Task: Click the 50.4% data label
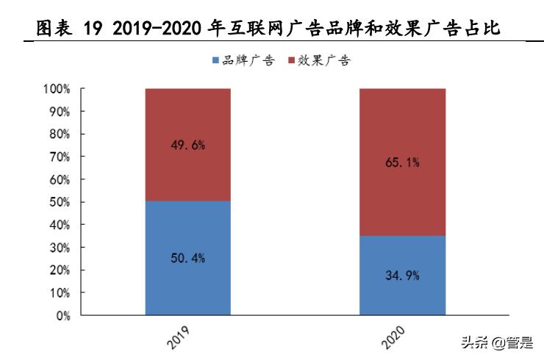click(x=187, y=258)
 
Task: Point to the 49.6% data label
click(x=187, y=145)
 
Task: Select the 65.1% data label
click(x=402, y=162)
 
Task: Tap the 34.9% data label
click(x=402, y=276)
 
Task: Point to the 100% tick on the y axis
click(x=57, y=89)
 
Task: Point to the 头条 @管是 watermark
click(x=496, y=342)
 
